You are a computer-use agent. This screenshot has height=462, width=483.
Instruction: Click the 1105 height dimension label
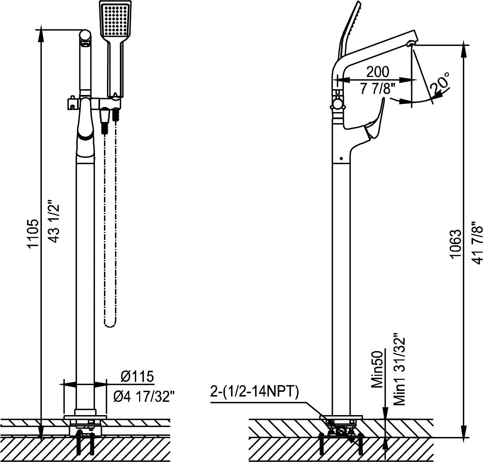click(33, 233)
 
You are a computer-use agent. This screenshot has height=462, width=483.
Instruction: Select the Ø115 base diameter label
click(137, 377)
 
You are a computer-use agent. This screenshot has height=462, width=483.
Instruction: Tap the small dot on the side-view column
click(341, 159)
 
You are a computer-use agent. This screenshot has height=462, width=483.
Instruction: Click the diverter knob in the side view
click(336, 105)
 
